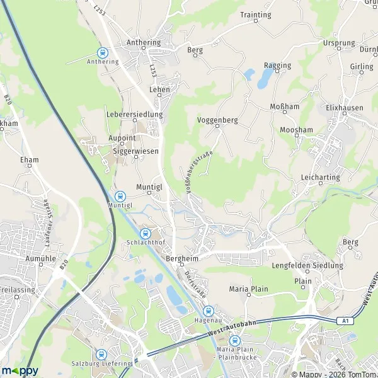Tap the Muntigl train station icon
(x=120, y=195)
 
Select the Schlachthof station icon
(x=146, y=233)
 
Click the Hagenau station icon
(x=208, y=311)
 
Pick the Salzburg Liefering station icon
(x=101, y=354)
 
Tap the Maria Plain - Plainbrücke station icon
(x=235, y=341)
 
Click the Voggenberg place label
(x=217, y=118)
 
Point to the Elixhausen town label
(x=344, y=108)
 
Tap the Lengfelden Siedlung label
(x=307, y=266)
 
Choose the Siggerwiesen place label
(x=135, y=151)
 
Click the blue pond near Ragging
(x=264, y=77)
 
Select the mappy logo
(x=20, y=370)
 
